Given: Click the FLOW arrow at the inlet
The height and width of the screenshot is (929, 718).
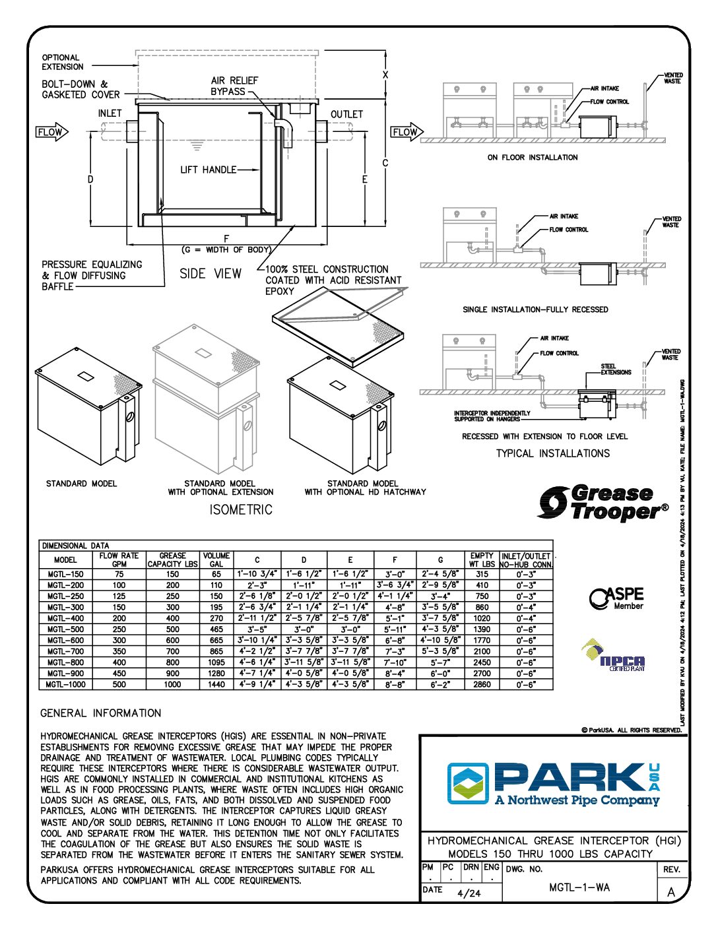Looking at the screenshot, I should [x=51, y=132].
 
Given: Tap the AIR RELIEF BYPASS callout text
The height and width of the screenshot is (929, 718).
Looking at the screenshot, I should [x=234, y=86].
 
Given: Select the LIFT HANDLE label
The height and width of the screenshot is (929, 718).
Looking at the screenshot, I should [x=208, y=170].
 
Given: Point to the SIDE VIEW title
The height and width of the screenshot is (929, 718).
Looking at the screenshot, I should [x=211, y=273].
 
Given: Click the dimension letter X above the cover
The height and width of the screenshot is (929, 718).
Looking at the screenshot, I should [x=385, y=75].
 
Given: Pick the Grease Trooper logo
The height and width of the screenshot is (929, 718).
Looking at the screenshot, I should [x=602, y=503].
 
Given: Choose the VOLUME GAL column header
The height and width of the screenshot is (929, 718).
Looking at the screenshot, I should [x=216, y=560].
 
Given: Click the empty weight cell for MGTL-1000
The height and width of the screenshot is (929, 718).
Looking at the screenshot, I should [x=482, y=684].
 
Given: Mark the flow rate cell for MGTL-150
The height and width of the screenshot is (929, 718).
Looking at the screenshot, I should [x=119, y=574].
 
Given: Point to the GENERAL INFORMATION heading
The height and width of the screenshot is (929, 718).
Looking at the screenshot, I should [x=100, y=713].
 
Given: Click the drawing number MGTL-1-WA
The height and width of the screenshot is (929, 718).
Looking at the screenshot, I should [x=579, y=887].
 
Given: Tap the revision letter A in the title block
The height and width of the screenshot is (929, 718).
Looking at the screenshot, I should [x=671, y=892].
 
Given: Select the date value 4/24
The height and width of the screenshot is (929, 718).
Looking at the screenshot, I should [x=469, y=893].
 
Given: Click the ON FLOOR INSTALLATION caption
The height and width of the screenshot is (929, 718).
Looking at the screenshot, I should [x=533, y=158].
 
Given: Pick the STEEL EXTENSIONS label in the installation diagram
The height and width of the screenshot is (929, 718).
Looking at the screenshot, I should [x=615, y=369].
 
